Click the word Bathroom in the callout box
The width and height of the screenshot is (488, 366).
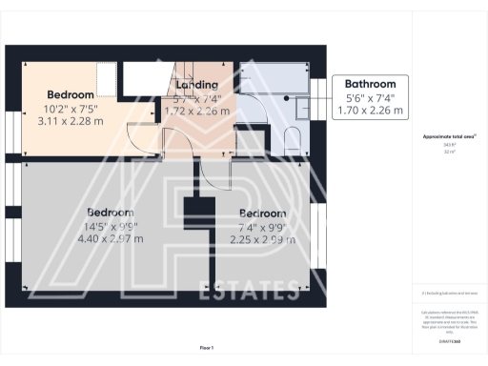[x=370, y=84]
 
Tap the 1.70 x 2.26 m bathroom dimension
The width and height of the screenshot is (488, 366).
[x=370, y=112]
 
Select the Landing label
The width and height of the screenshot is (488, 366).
[x=197, y=84]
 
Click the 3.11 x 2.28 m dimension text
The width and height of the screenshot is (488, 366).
[x=71, y=121]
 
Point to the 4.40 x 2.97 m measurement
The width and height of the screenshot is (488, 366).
[x=110, y=238]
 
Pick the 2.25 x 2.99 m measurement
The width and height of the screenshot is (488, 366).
[x=262, y=240]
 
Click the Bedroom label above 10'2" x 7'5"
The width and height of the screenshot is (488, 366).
[x=71, y=94]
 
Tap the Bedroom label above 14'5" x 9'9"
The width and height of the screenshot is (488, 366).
[x=110, y=212]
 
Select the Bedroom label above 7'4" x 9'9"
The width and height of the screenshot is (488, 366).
[x=262, y=213]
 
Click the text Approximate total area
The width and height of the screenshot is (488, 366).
[x=442, y=137]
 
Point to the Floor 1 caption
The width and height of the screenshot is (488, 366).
[x=207, y=348]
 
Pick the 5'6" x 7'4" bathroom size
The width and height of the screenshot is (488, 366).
[x=370, y=98]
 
